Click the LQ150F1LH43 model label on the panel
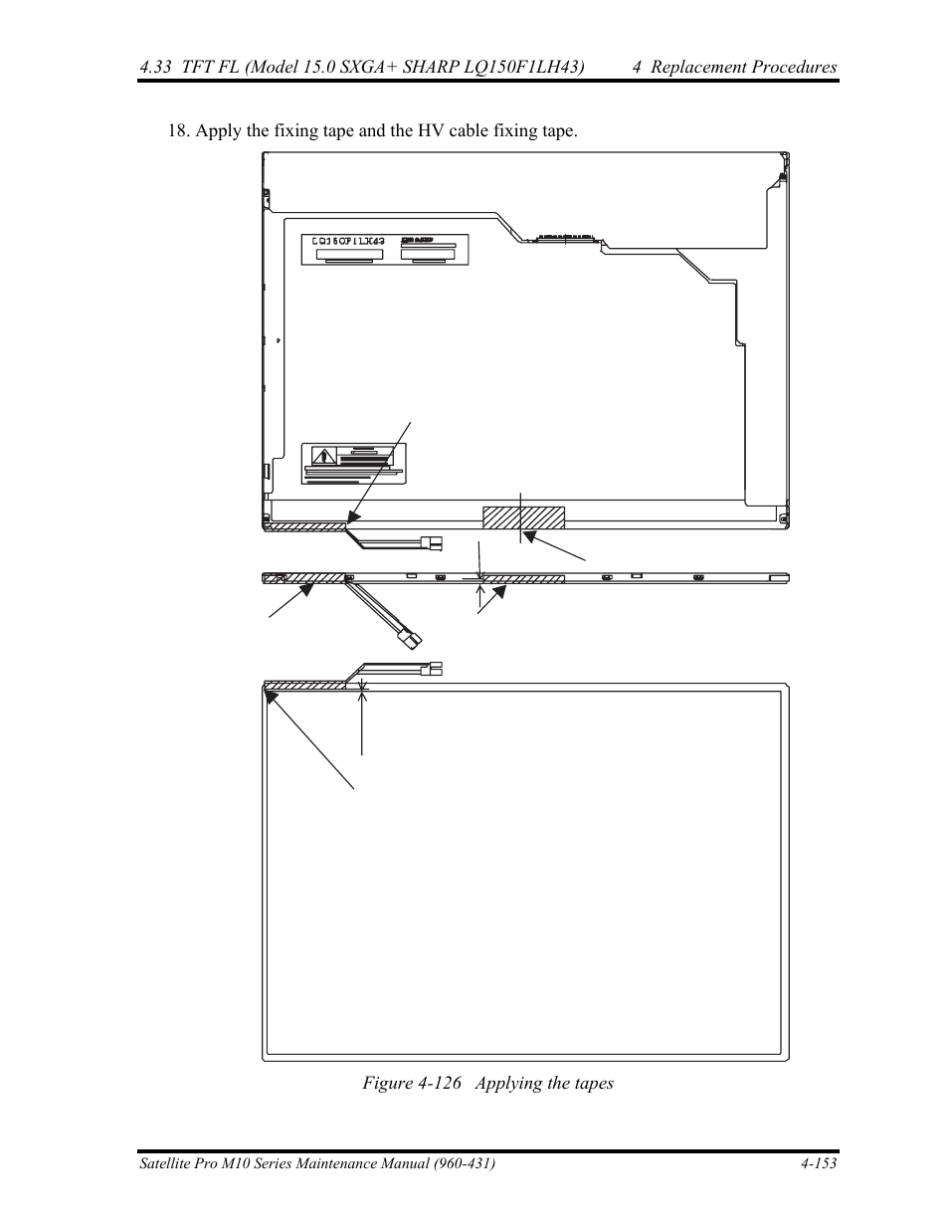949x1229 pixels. tap(348, 242)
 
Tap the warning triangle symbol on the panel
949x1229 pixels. tap(324, 457)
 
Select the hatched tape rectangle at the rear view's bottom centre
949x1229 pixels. tap(523, 517)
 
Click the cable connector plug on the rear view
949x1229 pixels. tap(432, 543)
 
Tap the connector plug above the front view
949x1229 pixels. tap(434, 669)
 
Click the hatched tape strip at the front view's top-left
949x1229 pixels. tap(305, 685)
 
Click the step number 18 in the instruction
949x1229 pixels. tap(178, 131)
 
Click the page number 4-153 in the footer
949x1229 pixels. tap(816, 1163)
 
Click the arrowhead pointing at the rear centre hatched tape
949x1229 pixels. tap(530, 536)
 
